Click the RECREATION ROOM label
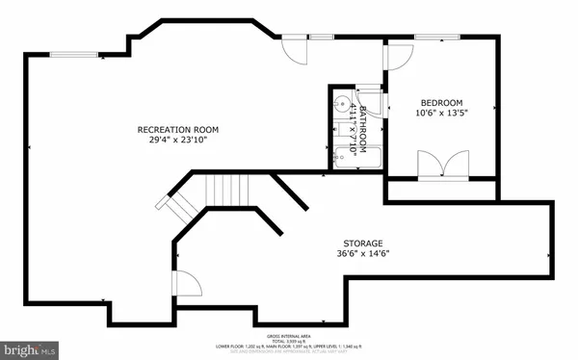click(177, 129)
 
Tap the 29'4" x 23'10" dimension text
click(177, 140)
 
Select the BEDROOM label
click(442, 103)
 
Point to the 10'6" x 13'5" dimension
click(442, 114)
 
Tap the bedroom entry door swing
click(396, 57)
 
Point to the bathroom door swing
click(378, 105)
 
